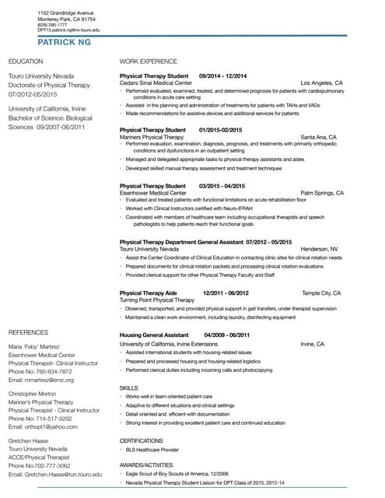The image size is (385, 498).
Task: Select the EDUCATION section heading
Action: (x=25, y=61)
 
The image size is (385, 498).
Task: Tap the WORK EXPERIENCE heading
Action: (x=148, y=61)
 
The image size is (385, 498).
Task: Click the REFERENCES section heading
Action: (x=27, y=332)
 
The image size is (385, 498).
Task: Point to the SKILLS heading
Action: (x=128, y=387)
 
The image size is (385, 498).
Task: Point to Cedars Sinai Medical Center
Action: (x=156, y=82)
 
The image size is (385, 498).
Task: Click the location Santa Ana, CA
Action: (x=318, y=136)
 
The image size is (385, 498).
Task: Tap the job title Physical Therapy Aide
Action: (x=149, y=293)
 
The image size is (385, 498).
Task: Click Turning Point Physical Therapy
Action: (x=157, y=300)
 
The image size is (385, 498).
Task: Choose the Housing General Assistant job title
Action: (x=154, y=335)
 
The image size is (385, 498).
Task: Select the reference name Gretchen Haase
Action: (x=30, y=440)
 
